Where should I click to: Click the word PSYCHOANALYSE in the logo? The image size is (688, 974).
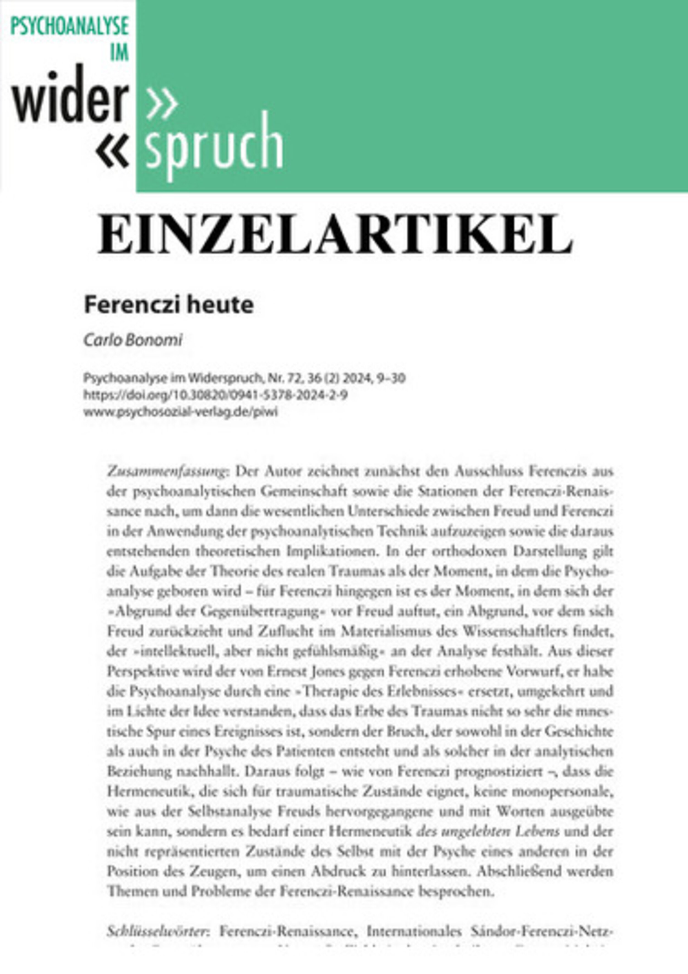tap(69, 26)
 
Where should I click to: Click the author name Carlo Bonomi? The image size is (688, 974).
tap(133, 340)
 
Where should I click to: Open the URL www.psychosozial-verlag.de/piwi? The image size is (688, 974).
tap(181, 412)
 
